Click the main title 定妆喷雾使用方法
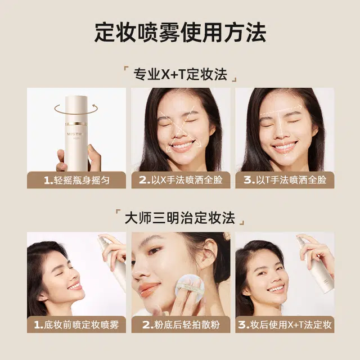click(x=180, y=33)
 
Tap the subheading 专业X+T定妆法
click(x=180, y=74)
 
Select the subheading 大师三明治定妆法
click(x=180, y=218)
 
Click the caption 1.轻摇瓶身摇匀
click(x=76, y=180)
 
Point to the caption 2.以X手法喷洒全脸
click(x=181, y=180)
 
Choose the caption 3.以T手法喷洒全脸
click(x=285, y=180)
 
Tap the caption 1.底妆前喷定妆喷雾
click(x=76, y=325)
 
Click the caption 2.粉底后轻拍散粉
click(x=181, y=325)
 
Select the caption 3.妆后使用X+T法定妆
click(x=285, y=325)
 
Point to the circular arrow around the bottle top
click(x=75, y=107)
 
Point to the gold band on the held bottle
click(x=75, y=124)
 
